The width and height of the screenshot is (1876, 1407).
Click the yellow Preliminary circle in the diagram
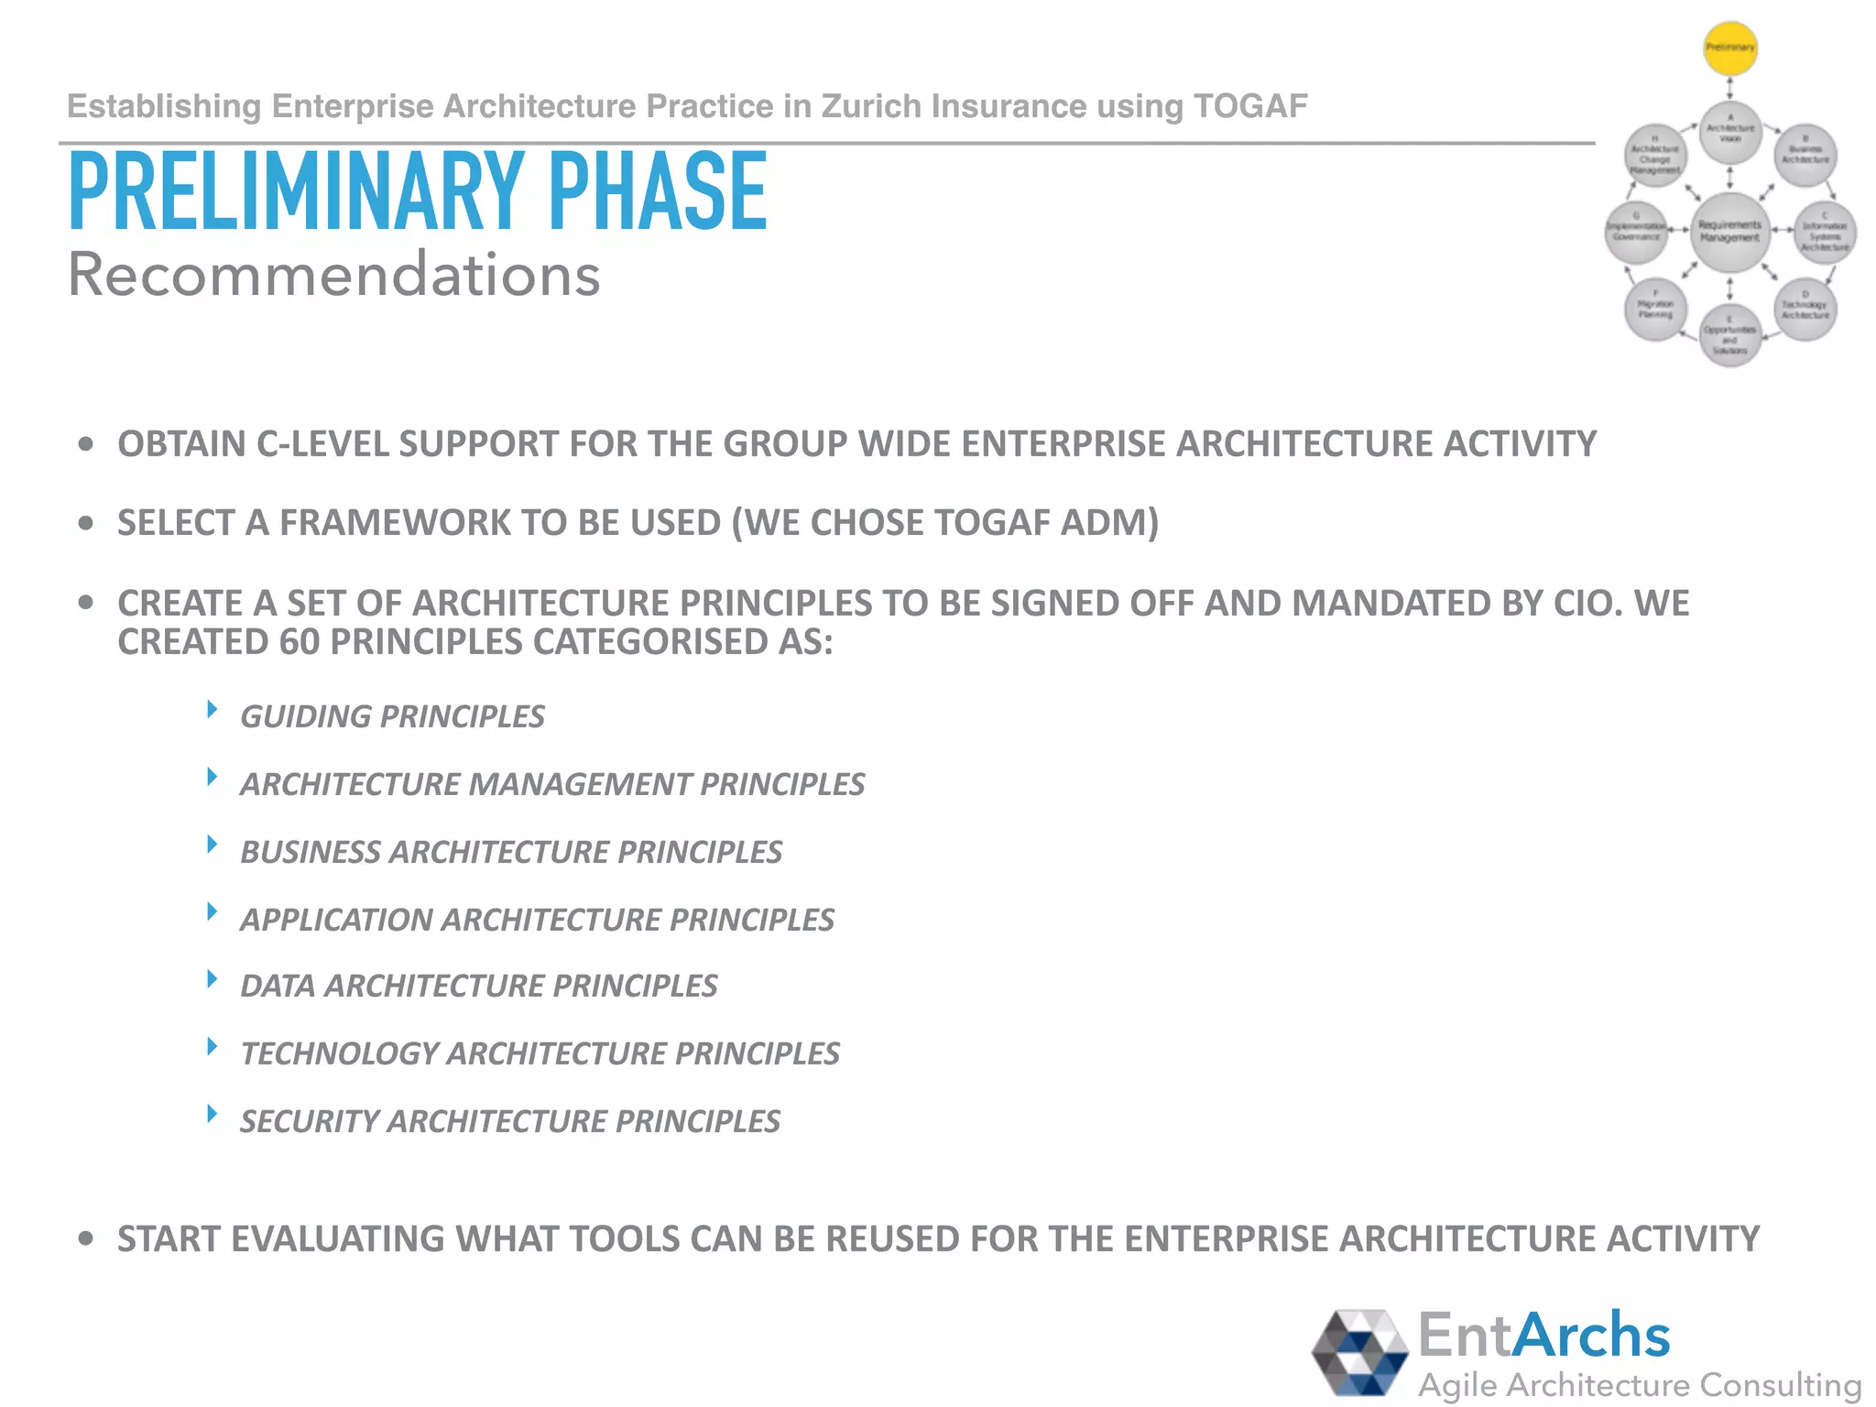coord(1729,48)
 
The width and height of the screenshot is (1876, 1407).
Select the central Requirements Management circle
coord(1729,232)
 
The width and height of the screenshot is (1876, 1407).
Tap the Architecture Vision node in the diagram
coord(1729,131)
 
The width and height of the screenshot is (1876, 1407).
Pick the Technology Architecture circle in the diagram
coord(1805,310)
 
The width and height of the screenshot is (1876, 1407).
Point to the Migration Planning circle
coord(1655,310)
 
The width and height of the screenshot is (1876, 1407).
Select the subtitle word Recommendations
coord(333,275)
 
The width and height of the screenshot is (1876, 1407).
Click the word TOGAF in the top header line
coord(1250,107)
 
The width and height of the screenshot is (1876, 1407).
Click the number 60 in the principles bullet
coord(299,642)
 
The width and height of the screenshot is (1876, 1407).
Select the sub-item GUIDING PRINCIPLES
coord(392,716)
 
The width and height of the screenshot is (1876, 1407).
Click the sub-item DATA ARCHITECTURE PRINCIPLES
coord(478,986)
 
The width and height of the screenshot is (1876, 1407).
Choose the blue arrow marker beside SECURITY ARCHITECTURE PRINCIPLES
coord(212,1114)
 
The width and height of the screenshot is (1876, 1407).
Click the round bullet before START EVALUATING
coord(86,1239)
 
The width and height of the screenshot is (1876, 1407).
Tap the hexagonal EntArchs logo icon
coord(1359,1352)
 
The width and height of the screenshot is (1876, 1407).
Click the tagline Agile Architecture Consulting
coord(1639,1385)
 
